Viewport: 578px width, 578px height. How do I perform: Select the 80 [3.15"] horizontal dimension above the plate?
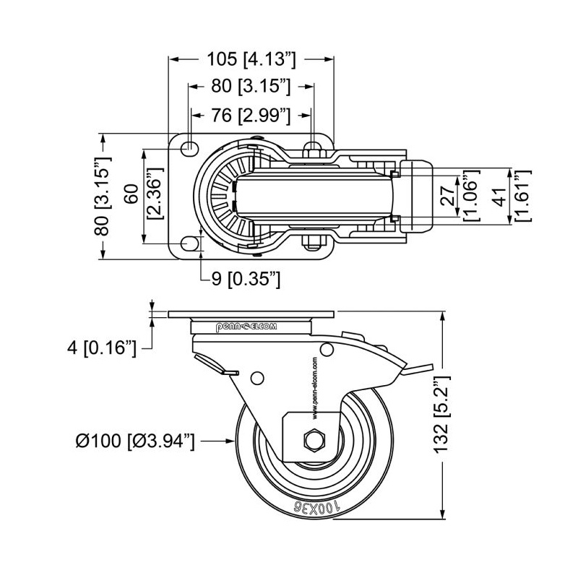tap(251, 87)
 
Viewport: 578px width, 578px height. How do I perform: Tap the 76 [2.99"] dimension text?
tap(251, 114)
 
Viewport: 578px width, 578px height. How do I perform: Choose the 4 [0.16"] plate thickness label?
tap(101, 348)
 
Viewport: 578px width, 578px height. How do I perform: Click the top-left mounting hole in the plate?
tap(190, 148)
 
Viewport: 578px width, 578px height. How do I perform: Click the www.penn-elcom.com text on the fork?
tap(316, 388)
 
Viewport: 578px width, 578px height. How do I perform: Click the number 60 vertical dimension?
tap(131, 194)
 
